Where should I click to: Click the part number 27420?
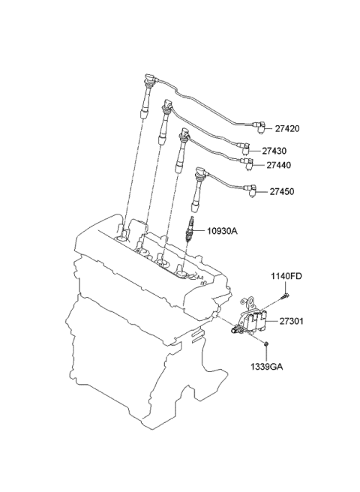[287, 129]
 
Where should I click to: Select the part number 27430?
[274, 151]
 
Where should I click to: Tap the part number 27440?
[279, 165]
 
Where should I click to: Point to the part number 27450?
[282, 191]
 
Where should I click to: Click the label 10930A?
[222, 231]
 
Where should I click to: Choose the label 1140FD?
[286, 276]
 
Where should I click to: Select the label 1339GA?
[266, 367]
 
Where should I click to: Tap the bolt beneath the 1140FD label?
[286, 295]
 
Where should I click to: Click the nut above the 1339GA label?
[265, 344]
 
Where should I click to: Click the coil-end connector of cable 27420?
[259, 127]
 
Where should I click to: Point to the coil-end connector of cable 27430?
[244, 148]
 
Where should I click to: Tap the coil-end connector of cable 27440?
[248, 163]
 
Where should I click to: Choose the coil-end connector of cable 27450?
[251, 190]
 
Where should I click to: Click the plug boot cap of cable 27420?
[151, 79]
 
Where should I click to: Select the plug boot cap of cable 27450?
[200, 172]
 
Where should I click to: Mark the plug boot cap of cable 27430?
[167, 105]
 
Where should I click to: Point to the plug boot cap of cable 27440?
[184, 133]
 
